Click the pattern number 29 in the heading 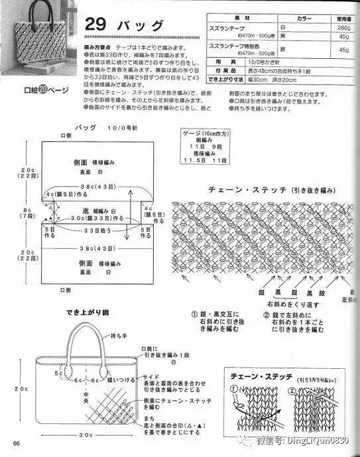tap(97, 25)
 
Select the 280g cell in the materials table tap(343, 28)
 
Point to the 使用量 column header tap(342, 19)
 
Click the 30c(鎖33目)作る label tap(97, 218)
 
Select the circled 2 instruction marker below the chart tap(267, 314)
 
